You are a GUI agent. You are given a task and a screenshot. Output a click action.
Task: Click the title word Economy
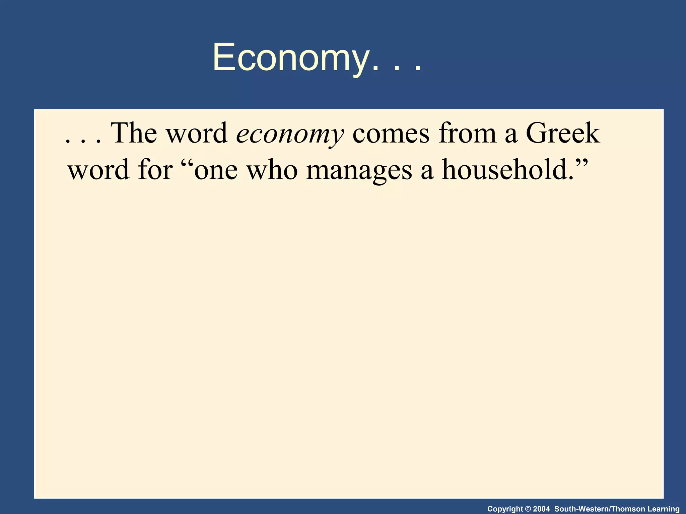pyautogui.click(x=290, y=58)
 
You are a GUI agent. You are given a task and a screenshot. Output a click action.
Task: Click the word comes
pyautogui.click(x=391, y=133)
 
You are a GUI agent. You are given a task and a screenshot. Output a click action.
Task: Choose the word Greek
pyautogui.click(x=563, y=133)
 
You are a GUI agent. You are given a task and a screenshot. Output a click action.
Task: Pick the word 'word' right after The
pyautogui.click(x=197, y=133)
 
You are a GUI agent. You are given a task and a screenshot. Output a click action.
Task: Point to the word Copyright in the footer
pyautogui.click(x=505, y=509)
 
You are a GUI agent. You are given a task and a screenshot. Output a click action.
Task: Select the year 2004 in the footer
pyautogui.click(x=541, y=509)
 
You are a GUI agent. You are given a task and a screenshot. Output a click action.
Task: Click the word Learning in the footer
pyautogui.click(x=663, y=509)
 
